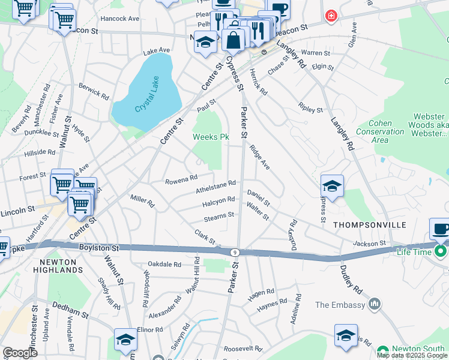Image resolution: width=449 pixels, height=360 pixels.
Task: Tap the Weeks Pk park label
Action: (x=211, y=137)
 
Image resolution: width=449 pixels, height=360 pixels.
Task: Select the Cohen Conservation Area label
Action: (x=380, y=131)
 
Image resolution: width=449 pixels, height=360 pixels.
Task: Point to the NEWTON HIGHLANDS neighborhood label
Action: (x=58, y=266)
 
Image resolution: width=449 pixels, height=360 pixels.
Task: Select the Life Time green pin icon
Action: (x=441, y=251)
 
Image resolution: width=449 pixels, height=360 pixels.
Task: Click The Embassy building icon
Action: (x=375, y=304)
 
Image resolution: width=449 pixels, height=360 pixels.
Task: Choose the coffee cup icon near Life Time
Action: (x=441, y=229)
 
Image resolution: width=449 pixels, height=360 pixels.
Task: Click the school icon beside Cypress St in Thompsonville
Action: (x=331, y=185)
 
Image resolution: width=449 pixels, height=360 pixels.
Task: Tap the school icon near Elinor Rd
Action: (x=126, y=339)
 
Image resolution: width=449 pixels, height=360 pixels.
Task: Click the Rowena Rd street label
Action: (x=181, y=178)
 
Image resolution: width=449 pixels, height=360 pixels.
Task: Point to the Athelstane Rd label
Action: (x=215, y=188)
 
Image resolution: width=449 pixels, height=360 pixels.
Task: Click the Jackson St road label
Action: (x=369, y=243)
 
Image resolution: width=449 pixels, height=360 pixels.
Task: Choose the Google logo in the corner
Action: (x=20, y=353)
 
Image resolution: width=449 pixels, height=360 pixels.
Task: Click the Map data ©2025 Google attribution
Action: (x=412, y=355)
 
